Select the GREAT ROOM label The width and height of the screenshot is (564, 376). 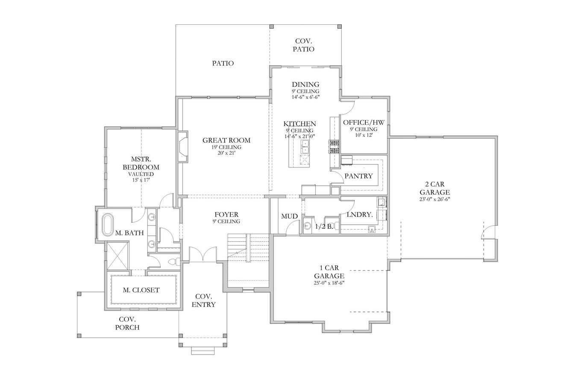(226, 140)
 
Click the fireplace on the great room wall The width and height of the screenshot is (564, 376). (182, 147)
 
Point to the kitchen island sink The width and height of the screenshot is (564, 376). (305, 146)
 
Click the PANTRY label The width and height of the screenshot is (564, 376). (358, 176)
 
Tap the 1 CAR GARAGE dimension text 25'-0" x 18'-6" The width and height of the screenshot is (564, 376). (329, 283)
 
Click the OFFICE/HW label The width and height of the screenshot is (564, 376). (364, 122)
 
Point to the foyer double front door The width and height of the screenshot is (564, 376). (203, 255)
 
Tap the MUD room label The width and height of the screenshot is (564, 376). (289, 217)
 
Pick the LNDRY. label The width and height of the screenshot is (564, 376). (360, 214)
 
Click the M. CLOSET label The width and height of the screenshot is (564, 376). (141, 290)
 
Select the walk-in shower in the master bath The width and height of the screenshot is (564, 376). (117, 256)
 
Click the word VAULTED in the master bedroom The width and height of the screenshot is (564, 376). (141, 174)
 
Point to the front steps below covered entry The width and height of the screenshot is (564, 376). (203, 350)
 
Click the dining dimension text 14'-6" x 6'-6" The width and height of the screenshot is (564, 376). (305, 97)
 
